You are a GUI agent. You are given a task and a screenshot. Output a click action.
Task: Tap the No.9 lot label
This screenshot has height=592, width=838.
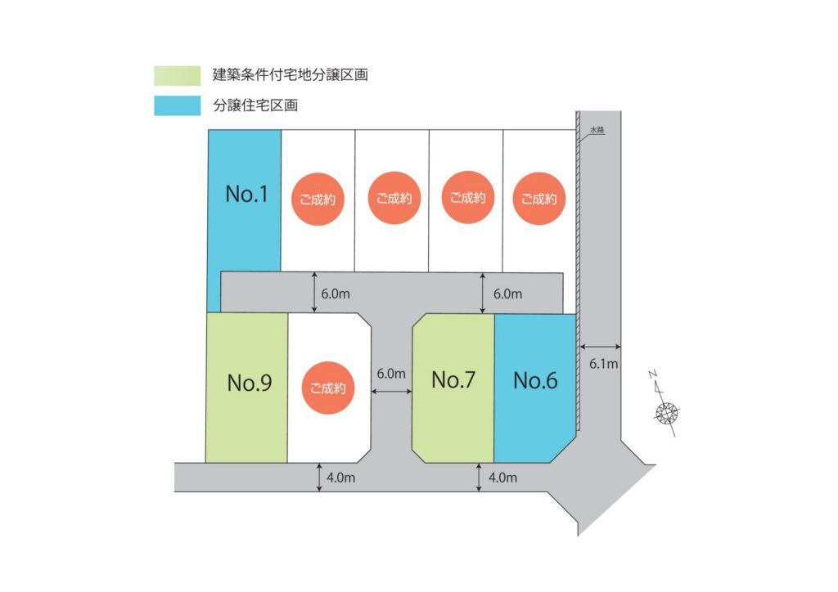point(250,383)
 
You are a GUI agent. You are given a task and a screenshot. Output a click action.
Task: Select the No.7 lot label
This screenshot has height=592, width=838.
point(453,380)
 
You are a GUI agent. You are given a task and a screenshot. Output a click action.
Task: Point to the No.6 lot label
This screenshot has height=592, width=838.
point(535,381)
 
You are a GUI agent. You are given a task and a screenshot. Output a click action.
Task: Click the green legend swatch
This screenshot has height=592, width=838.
point(177,76)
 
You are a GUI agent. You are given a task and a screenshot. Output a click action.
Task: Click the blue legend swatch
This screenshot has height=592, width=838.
point(177,105)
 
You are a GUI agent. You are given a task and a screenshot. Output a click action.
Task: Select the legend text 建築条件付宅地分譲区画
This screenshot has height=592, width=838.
point(290,76)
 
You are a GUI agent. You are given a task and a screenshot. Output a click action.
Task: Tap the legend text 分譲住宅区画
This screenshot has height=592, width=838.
point(256,105)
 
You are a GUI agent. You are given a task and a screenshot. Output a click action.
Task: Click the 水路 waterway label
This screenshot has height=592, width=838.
point(597,130)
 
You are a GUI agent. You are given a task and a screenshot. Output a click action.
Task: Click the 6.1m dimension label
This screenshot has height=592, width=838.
point(604,364)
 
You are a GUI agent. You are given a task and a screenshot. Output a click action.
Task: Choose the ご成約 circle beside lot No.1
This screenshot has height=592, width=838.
point(318,198)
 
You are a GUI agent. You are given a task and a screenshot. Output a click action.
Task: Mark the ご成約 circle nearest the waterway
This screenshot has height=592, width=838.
point(539,198)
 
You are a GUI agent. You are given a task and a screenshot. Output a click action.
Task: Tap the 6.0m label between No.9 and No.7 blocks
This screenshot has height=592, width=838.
point(391,374)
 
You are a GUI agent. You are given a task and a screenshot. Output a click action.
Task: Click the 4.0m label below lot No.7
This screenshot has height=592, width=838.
point(502,478)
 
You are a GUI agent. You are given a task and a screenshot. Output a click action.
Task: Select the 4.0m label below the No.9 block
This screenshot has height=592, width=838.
point(341,478)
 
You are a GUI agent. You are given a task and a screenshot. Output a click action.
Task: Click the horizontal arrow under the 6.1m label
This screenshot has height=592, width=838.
point(601,344)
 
